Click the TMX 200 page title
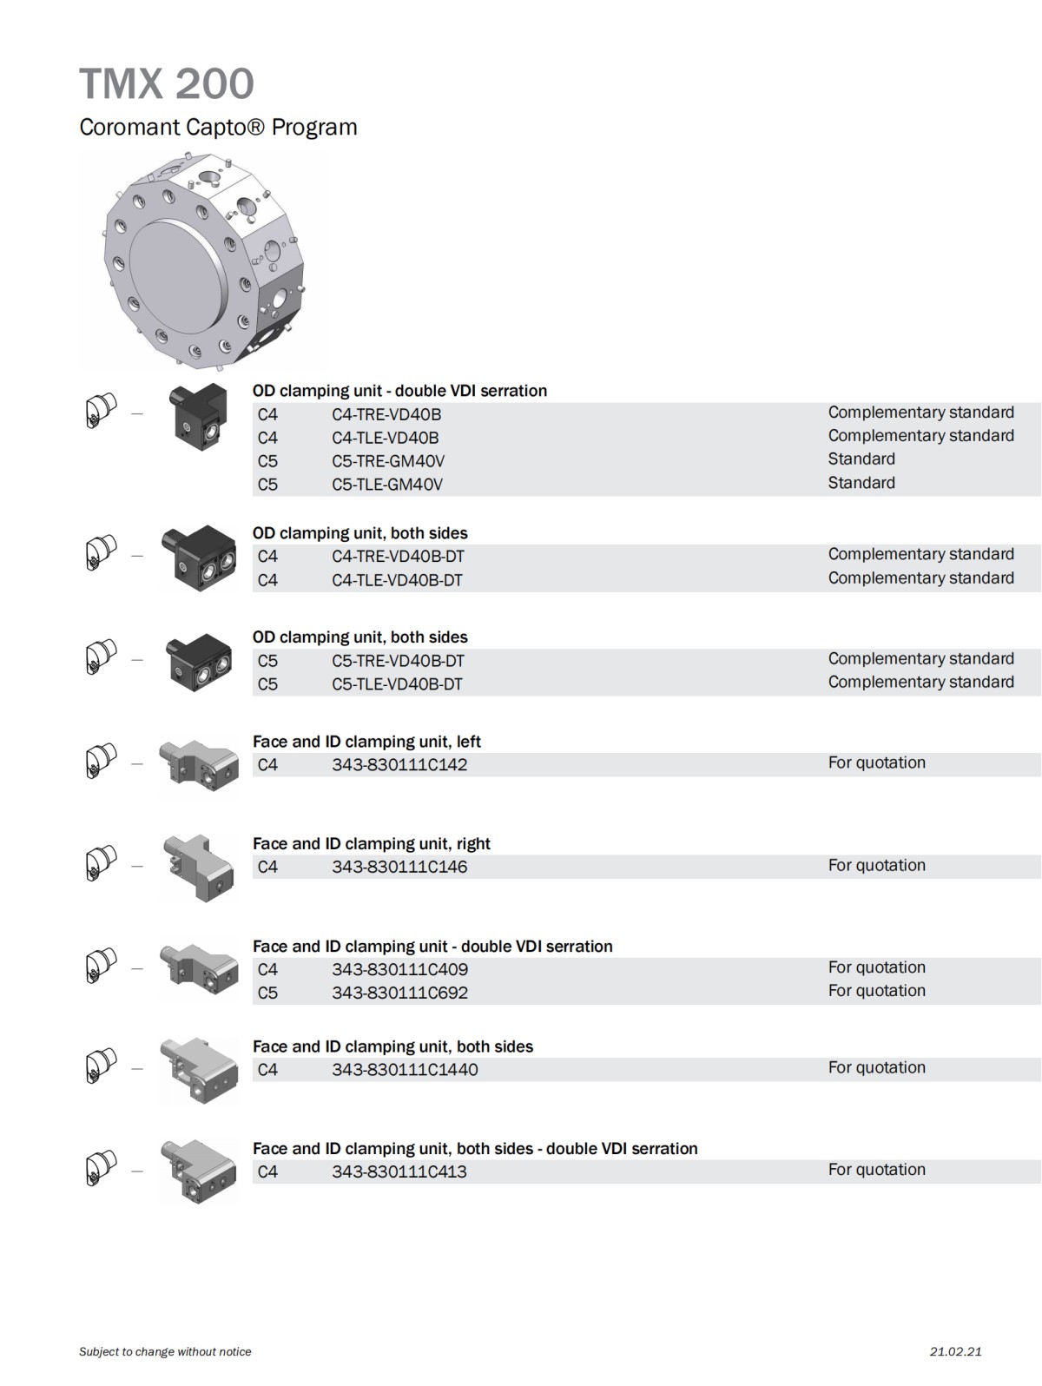[166, 84]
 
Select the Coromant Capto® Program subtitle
[218, 128]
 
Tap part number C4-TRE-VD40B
[386, 415]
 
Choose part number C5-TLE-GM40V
[387, 485]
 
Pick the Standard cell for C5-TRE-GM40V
[861, 459]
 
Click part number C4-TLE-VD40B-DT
[398, 580]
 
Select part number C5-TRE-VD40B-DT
[398, 661]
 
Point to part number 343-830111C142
[399, 765]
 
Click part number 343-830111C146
[399, 867]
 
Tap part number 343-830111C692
[399, 993]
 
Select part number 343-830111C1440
[405, 1070]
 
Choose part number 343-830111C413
[399, 1171]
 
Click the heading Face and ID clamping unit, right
[372, 843]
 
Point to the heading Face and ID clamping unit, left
[366, 742]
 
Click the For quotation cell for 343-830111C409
[876, 967]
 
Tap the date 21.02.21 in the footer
[955, 1351]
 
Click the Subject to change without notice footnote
[165, 1351]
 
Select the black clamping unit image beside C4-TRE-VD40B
[200, 416]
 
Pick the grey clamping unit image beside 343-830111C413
[198, 1171]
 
